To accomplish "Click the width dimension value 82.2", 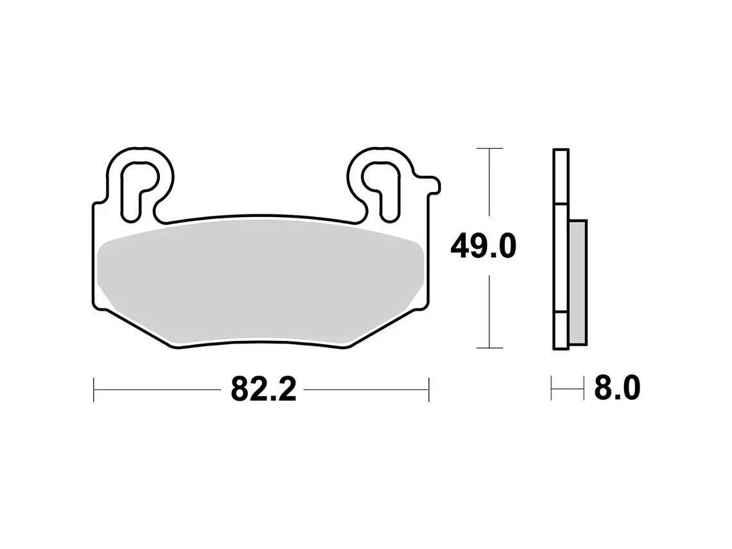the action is pyautogui.click(x=263, y=389).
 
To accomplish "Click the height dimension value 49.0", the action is pyautogui.click(x=483, y=246).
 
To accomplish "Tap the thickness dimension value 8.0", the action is pyautogui.click(x=616, y=388).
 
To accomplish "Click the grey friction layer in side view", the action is pyautogui.click(x=578, y=283).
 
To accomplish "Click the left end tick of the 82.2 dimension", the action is pyautogui.click(x=94, y=390).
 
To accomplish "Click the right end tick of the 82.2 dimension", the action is pyautogui.click(x=428, y=390).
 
